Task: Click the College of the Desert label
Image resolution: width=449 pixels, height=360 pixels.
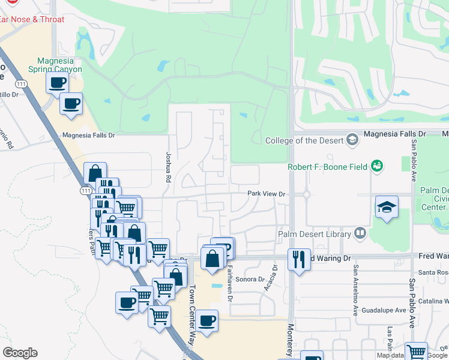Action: coord(304,140)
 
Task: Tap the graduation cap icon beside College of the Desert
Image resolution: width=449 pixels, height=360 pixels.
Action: coord(352,140)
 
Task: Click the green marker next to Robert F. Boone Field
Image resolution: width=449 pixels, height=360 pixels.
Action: coord(377,165)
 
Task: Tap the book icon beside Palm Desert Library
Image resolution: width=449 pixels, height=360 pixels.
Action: coord(360,233)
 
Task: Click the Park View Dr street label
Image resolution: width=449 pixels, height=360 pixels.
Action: coord(266,194)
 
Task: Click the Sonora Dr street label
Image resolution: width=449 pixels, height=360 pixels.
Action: coord(249,280)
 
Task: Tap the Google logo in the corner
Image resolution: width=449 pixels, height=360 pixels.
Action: coord(20,353)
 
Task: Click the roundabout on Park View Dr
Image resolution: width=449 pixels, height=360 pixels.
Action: coord(307,194)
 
